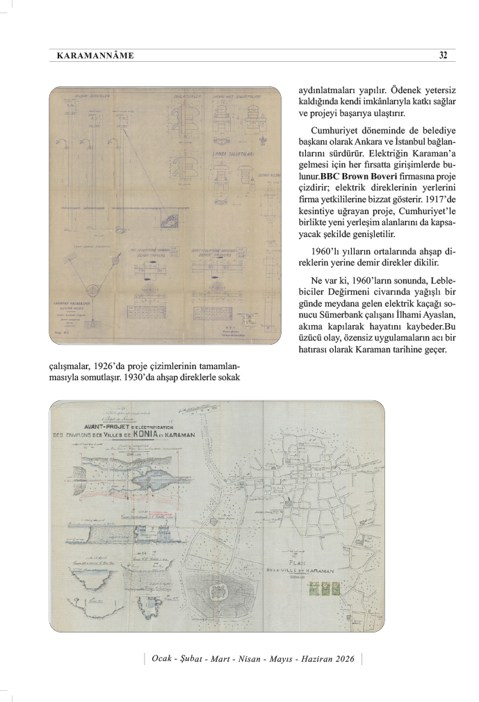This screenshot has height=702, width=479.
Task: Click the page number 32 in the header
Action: pos(443,56)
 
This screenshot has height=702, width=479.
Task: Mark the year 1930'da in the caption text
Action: pos(144,377)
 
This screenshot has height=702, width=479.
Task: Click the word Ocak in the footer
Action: pos(163,658)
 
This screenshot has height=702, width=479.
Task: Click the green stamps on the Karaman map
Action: pos(323,588)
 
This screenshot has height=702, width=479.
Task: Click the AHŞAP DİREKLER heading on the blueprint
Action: pos(91,96)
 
